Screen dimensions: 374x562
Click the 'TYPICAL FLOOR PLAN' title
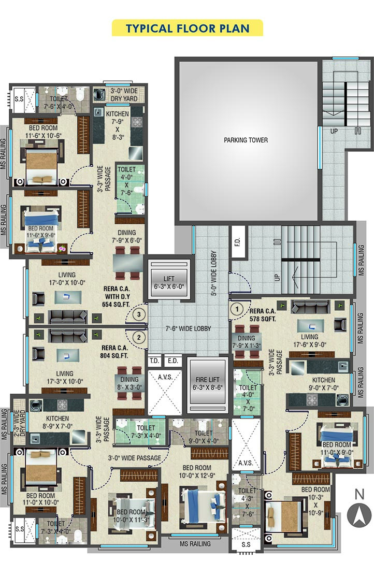point(187,28)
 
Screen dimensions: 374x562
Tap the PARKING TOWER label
point(246,140)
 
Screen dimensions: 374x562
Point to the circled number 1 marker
point(237,309)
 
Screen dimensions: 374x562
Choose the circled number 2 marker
point(139,337)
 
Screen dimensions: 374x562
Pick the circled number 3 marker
point(139,315)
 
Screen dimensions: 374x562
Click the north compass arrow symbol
point(359,515)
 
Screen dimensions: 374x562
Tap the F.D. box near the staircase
point(238,242)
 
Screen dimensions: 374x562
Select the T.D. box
point(154,362)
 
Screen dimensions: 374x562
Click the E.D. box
point(173,362)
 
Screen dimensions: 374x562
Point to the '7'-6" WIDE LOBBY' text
point(188,328)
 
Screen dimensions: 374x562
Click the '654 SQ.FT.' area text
point(116,305)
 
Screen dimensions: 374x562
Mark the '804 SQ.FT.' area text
point(114,356)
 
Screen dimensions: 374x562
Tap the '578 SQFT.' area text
point(263,319)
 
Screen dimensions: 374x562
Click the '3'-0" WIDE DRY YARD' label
point(124,95)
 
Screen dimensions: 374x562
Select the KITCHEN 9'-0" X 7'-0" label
point(324,384)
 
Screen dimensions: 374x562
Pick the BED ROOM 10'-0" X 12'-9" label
point(197,472)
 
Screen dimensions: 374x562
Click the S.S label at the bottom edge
point(246,545)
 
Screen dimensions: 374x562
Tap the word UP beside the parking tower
point(334,131)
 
